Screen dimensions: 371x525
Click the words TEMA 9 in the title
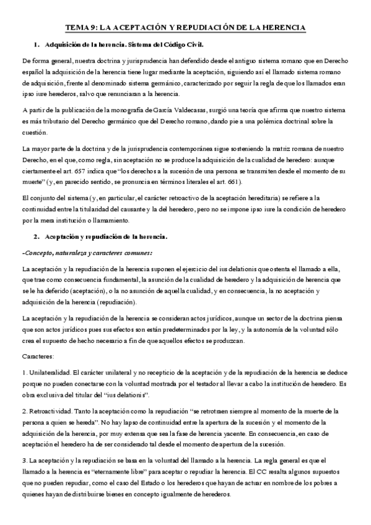tap(81, 28)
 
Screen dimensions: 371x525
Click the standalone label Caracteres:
tap(38, 357)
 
